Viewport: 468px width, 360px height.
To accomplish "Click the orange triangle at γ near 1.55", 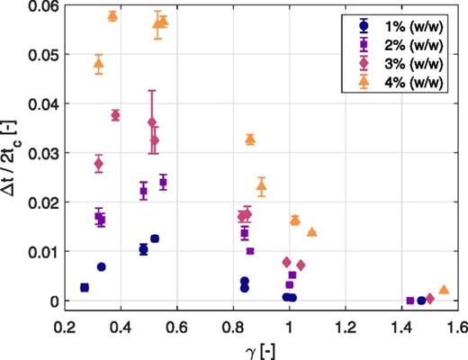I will pyautogui.click(x=444, y=290).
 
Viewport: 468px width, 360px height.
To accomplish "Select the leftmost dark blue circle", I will pyautogui.click(x=85, y=287).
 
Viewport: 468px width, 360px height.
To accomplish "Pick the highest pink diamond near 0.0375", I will pyautogui.click(x=115, y=115).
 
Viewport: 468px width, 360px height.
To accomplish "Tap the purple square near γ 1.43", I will pyautogui.click(x=410, y=301).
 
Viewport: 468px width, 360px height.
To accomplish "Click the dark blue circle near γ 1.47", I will pyautogui.click(x=421, y=301).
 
